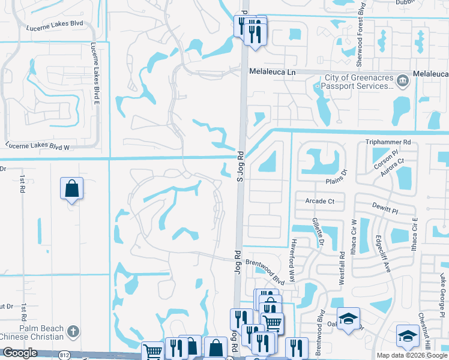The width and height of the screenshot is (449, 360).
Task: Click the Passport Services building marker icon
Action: (x=403, y=80)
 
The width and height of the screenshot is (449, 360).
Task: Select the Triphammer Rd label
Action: (x=388, y=142)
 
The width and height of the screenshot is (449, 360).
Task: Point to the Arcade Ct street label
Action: (x=319, y=201)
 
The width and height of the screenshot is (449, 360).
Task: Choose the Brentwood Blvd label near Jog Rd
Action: (x=265, y=263)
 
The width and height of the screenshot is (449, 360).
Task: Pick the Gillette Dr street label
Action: (x=317, y=232)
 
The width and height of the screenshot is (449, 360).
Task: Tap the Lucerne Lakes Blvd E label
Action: (x=94, y=73)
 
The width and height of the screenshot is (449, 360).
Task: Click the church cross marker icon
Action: (x=73, y=331)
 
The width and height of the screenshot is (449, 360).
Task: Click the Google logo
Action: (x=20, y=353)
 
